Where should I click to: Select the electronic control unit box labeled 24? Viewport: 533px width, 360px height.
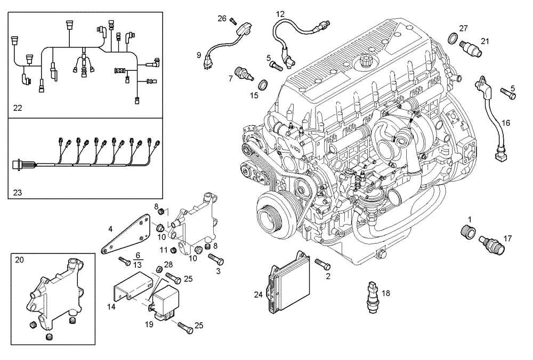(286, 281)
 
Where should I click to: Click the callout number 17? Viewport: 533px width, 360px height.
(507, 238)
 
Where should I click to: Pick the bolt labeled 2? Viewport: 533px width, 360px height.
(322, 264)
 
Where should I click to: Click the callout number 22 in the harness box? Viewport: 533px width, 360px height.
(18, 108)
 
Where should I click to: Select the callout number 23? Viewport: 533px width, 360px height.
(18, 192)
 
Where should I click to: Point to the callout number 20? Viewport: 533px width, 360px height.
(20, 260)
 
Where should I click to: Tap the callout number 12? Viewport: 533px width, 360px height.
(280, 13)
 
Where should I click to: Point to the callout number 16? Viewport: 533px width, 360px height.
(505, 122)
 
